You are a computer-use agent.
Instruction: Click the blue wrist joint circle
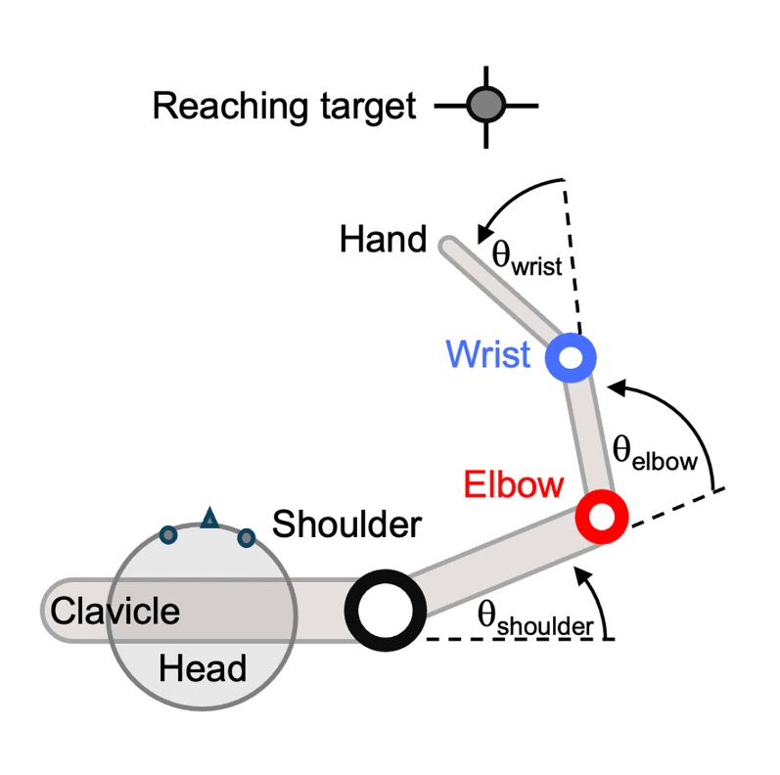pos(571,357)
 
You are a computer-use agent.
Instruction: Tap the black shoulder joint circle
pos(386,610)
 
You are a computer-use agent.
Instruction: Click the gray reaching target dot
pos(485,103)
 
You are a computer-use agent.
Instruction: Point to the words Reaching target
pos(285,105)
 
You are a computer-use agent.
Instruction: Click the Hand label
pos(383,239)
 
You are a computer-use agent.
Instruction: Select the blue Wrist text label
pos(488,353)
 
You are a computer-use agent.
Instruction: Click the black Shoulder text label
pos(346,524)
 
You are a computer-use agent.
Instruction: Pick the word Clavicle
pos(115,612)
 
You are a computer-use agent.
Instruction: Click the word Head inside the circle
pos(203,669)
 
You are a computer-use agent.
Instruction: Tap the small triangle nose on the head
pos(208,519)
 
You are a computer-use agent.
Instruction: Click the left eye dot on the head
pos(168,534)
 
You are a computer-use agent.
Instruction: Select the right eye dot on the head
pos(247,536)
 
